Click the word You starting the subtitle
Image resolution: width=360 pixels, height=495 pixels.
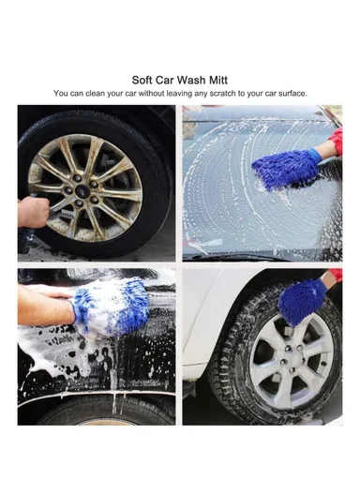pos(62,94)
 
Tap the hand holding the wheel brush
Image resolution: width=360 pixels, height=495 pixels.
pos(36,212)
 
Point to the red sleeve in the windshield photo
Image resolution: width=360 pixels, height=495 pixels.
pos(334,142)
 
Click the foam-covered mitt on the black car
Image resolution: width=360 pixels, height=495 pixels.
pos(111,313)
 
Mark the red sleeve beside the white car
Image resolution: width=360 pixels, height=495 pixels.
pos(335,277)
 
